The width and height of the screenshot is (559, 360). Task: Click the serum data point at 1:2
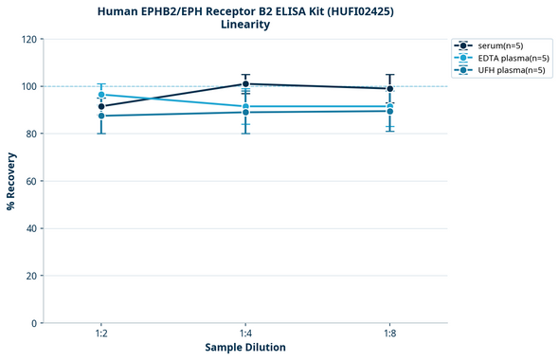[x=101, y=106]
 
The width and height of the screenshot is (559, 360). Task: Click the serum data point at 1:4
[x=245, y=83]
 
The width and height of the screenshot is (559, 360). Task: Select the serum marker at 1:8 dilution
[x=389, y=89]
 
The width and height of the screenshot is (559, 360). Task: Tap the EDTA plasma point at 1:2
[x=101, y=95]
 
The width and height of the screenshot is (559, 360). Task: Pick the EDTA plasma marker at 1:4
[x=245, y=106]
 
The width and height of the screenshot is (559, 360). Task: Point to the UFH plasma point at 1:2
[x=101, y=116]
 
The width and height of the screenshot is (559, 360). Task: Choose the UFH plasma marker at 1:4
[x=245, y=112]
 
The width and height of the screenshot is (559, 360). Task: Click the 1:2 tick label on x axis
[x=101, y=334]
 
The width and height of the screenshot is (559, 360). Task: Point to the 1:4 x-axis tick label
[x=245, y=334]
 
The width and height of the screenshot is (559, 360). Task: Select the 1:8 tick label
[x=389, y=334]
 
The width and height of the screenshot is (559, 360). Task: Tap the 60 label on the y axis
[x=30, y=181]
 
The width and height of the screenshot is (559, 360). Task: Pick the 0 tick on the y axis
[x=33, y=323]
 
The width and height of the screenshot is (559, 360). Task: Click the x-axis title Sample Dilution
[x=245, y=348]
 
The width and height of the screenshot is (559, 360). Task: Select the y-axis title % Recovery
[x=10, y=180]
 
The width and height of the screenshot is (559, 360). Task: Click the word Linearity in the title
[x=245, y=25]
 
